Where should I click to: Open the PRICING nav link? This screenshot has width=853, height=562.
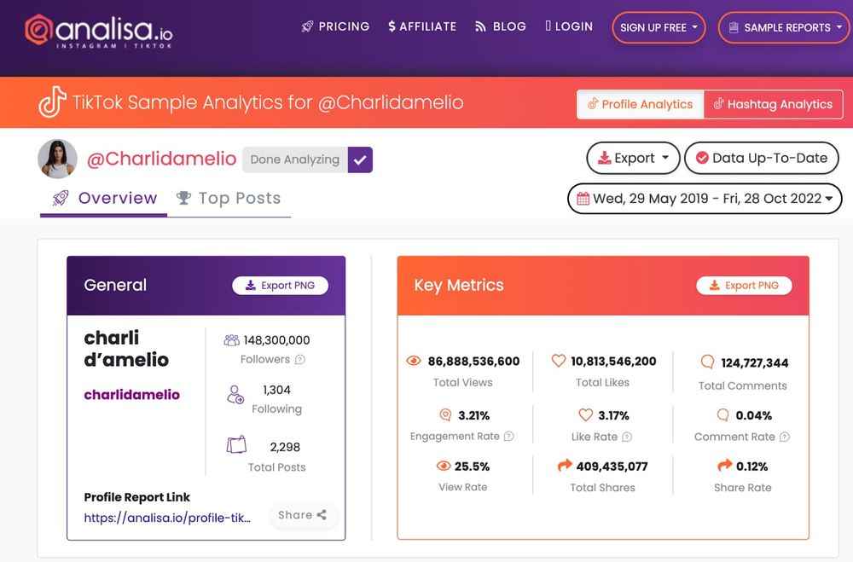pos(335,26)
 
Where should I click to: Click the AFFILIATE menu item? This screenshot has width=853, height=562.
pos(422,26)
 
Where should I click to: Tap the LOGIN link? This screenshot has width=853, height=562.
pos(569,26)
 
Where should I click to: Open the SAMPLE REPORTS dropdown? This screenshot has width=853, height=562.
pos(783,27)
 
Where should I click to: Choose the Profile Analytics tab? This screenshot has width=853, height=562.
pos(640,104)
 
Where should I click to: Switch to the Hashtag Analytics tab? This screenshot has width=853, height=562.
pos(773,104)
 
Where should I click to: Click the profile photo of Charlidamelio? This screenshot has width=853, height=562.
pos(58,159)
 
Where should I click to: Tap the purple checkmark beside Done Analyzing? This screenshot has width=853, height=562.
pos(360,159)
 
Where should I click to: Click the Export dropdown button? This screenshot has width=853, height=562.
pos(633,158)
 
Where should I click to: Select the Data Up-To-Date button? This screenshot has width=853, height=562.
pos(761,158)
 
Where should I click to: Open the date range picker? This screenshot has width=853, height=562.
pos(705,199)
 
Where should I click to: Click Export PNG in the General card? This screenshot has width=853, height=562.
pos(280,286)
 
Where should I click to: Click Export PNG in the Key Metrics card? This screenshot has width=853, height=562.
pos(744,286)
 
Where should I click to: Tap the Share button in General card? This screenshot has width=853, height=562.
pos(302,515)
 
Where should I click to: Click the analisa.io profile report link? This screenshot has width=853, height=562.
pos(167,518)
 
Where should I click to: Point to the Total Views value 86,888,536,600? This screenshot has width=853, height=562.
pos(473,362)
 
